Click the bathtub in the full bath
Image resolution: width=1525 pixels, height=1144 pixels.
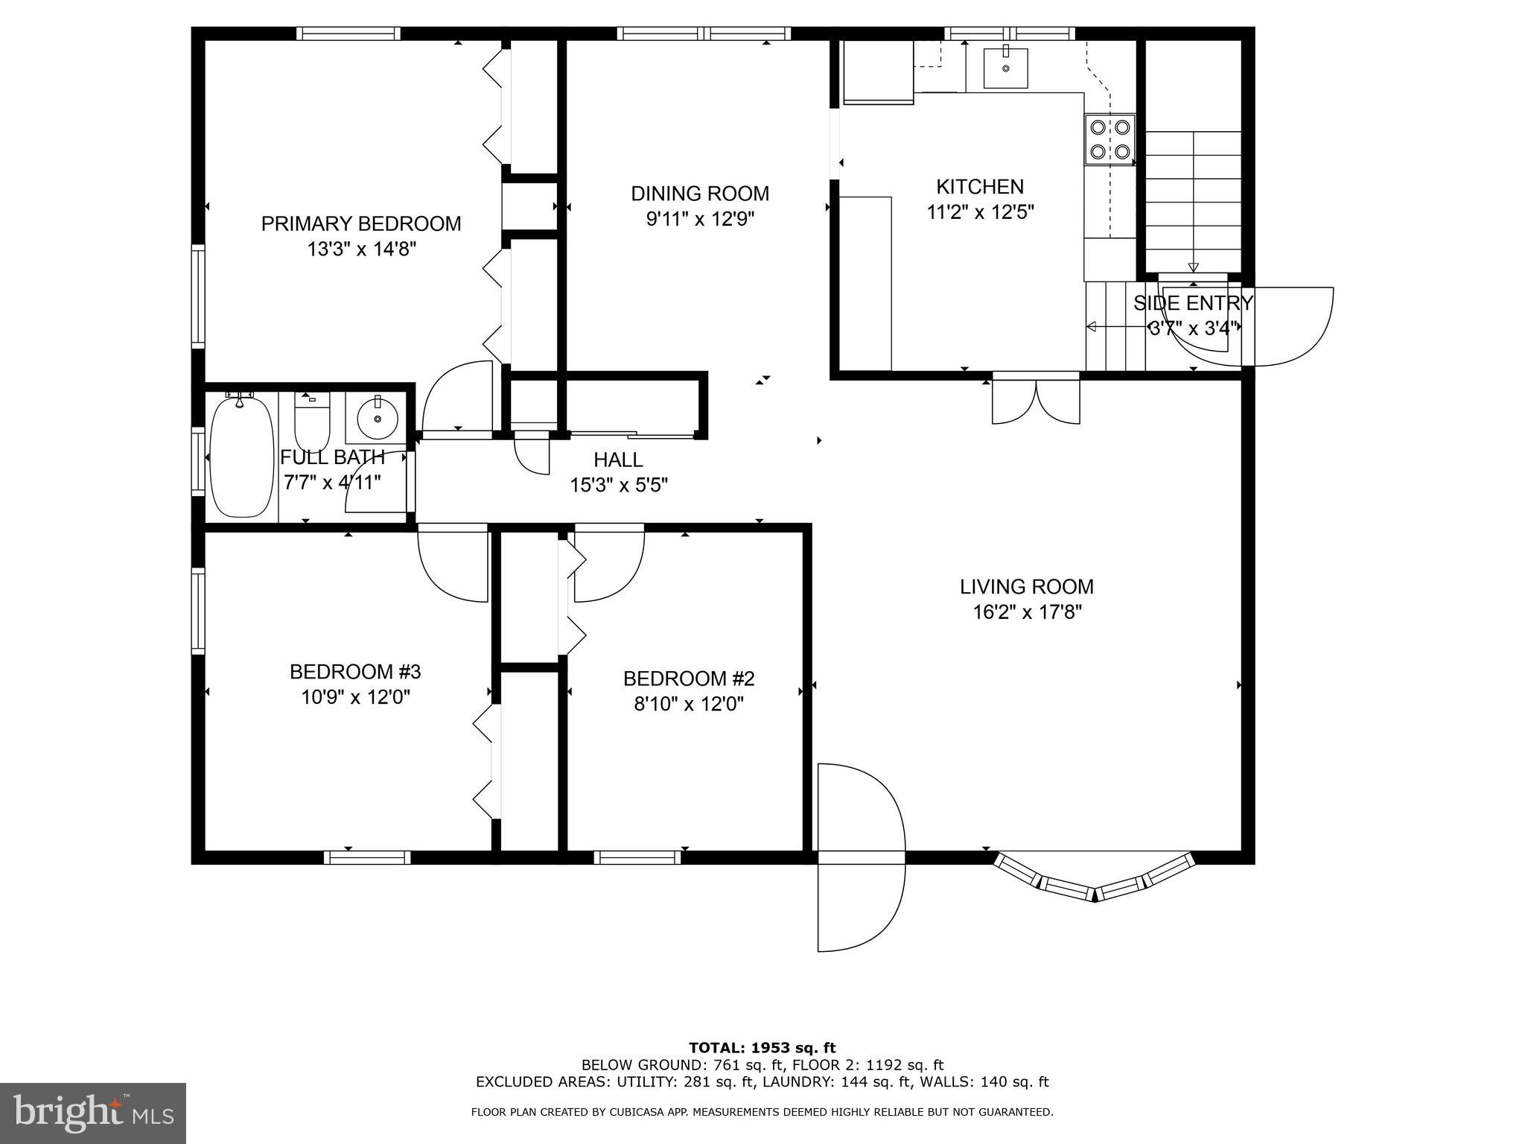pos(241,457)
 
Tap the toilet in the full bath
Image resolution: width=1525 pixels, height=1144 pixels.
pos(312,422)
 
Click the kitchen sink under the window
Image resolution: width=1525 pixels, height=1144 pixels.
pos(1005,69)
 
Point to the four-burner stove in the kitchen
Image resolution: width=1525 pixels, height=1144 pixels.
pos(1109,139)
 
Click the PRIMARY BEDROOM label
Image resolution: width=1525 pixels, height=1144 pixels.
pos(361,223)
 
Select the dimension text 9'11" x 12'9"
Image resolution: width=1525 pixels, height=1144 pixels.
pos(700,219)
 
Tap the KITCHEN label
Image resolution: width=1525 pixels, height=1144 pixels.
pos(979,186)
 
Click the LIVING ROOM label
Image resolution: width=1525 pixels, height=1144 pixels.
pos(1026,587)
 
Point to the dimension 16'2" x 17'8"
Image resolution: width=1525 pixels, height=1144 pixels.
pos(1026,612)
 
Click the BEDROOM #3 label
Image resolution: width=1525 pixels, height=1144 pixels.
pos(355,672)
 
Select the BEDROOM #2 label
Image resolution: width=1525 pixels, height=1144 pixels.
pos(689,679)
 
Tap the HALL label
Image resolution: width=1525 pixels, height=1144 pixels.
pos(618,460)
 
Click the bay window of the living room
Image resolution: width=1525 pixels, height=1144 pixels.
pos(1095,879)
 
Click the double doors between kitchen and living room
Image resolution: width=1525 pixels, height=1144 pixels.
pos(1036,401)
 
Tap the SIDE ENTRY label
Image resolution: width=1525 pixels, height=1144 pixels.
pos(1193,303)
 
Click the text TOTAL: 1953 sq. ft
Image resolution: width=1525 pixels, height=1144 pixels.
pos(762,1048)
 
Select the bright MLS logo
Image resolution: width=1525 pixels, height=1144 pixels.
pos(93,1113)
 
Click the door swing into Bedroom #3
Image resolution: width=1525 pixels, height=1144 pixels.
pos(452,564)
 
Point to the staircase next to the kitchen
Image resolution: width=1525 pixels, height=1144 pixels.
pos(1193,201)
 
